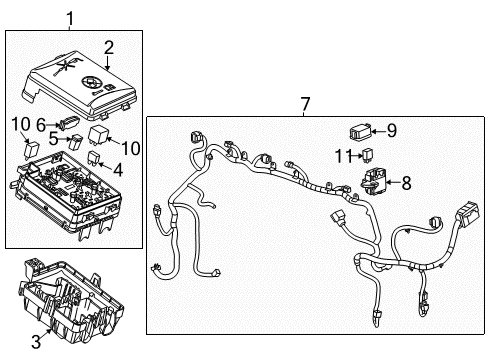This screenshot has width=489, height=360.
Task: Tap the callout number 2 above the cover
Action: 107,45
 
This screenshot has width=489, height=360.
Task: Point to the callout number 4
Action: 118,171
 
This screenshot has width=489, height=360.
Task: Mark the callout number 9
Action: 391,129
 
